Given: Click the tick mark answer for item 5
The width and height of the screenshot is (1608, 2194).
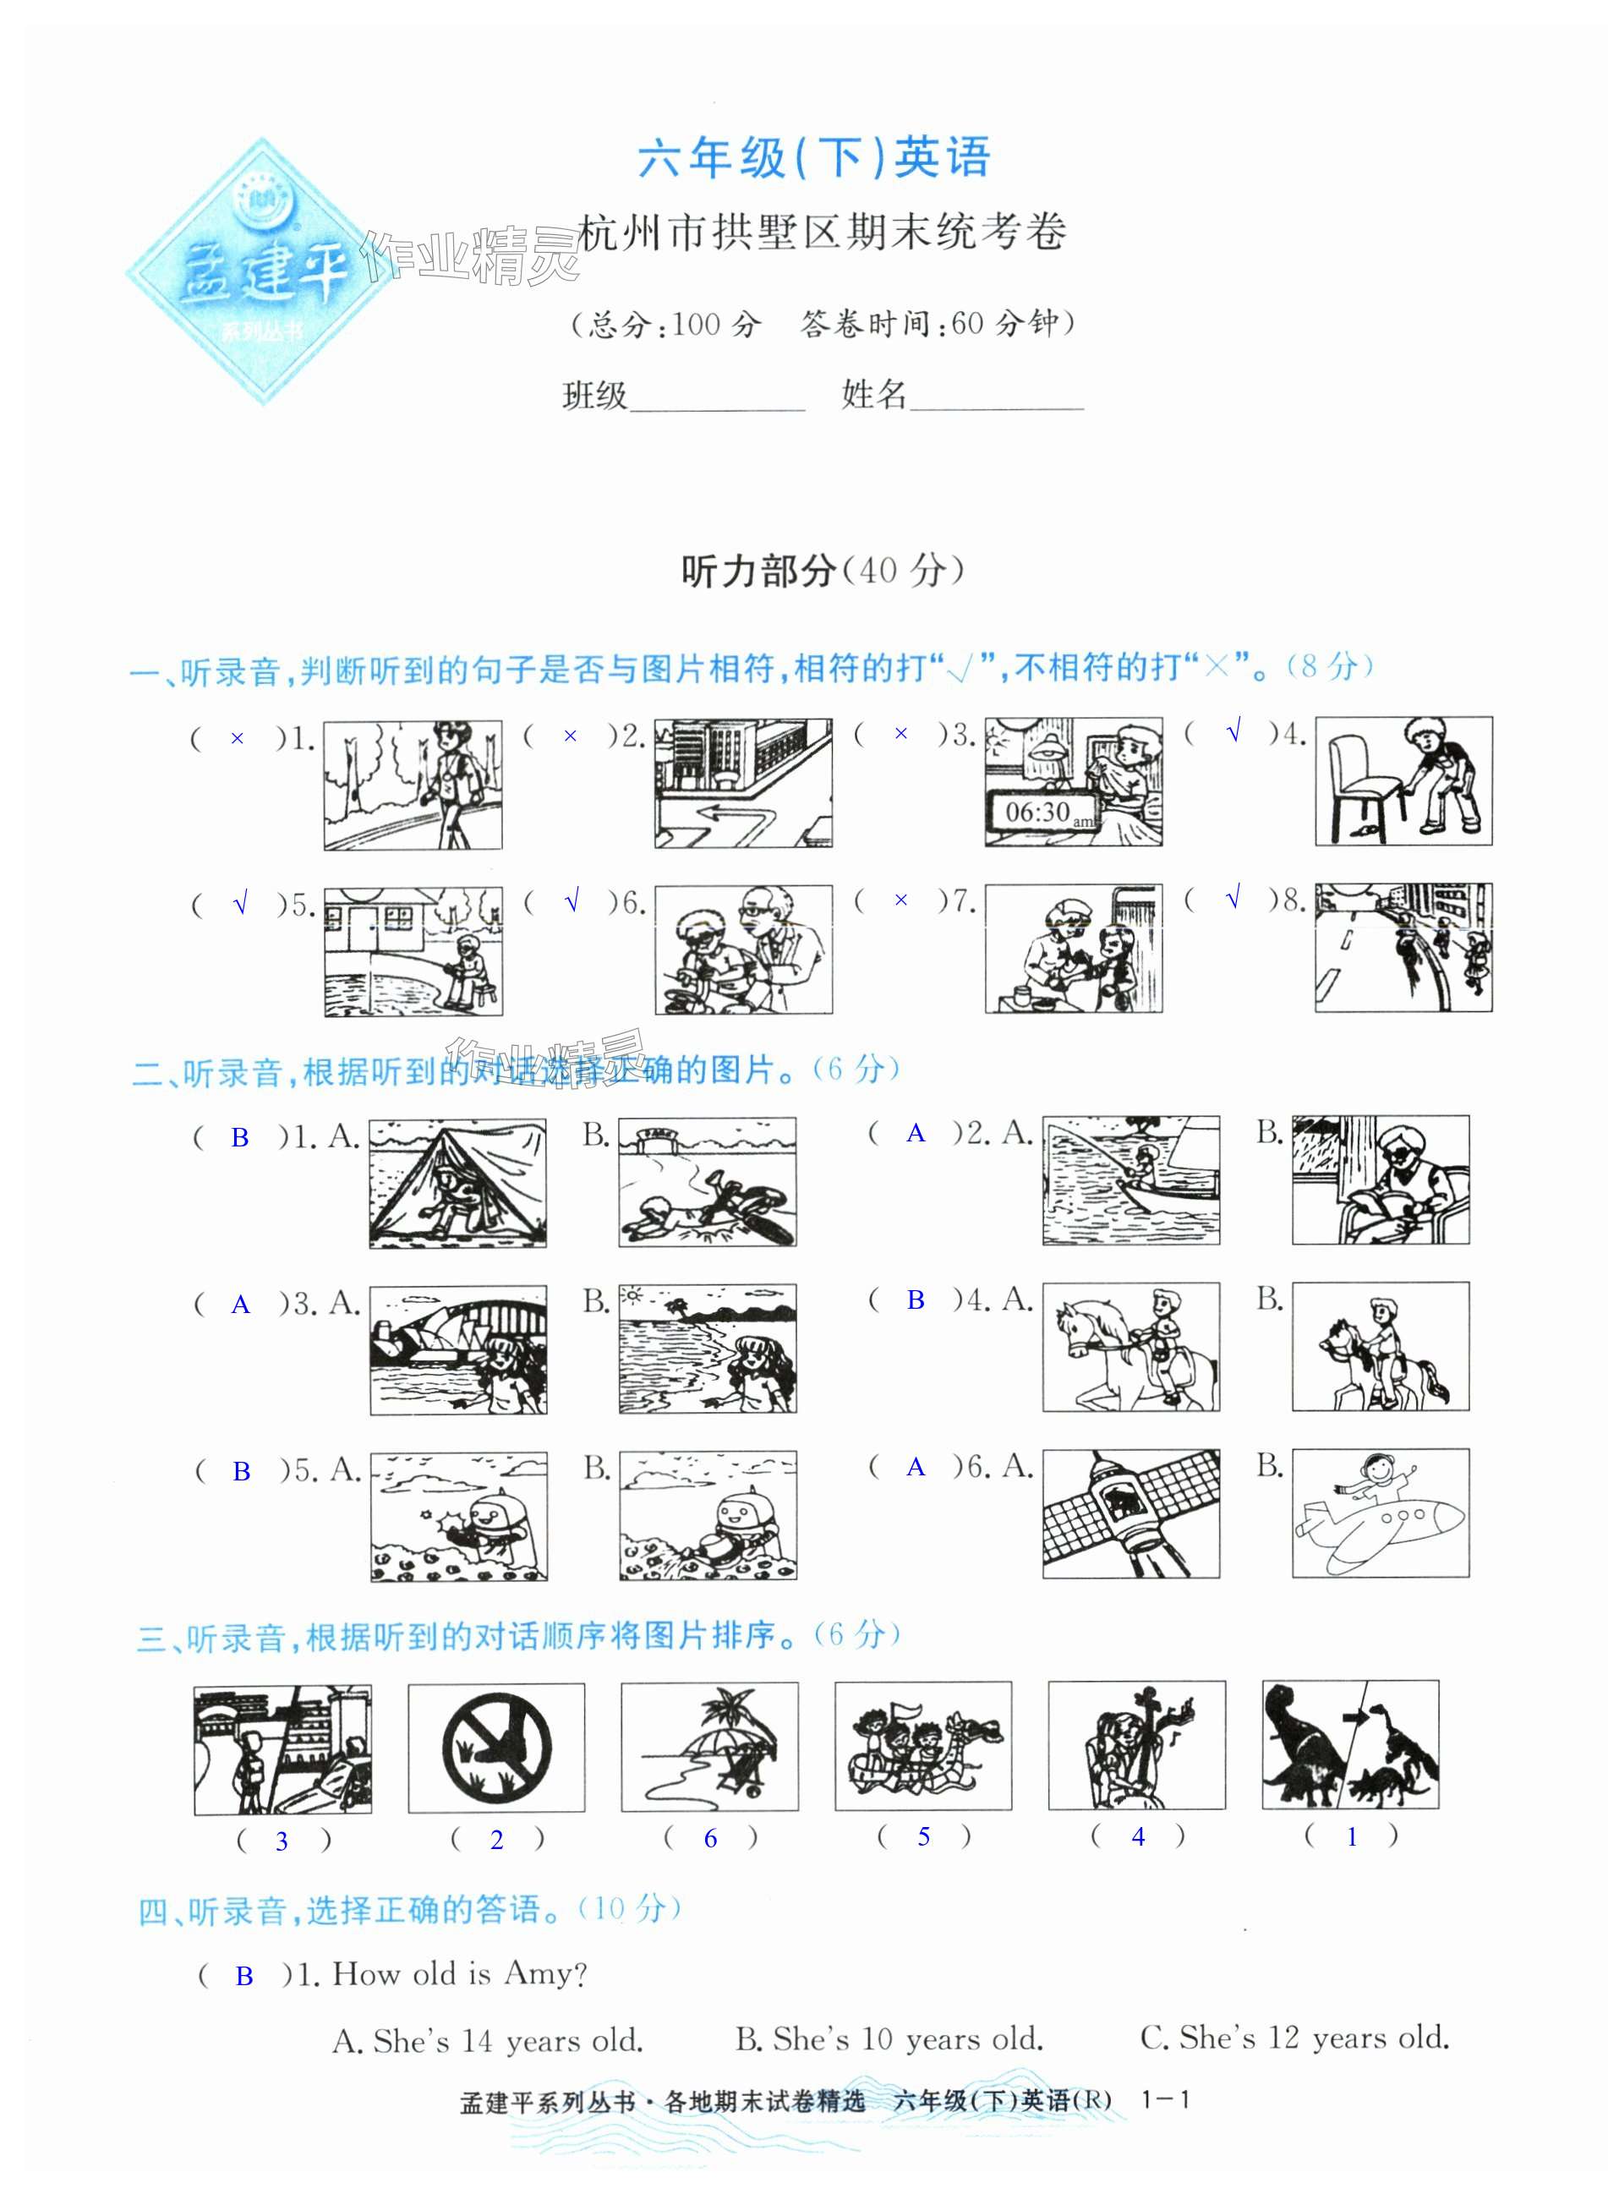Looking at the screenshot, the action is pyautogui.click(x=240, y=906).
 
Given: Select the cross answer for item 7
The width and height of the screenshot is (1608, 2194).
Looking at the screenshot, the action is pyautogui.click(x=901, y=901).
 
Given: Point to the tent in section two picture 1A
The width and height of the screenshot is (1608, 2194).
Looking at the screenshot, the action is pyautogui.click(x=457, y=1183).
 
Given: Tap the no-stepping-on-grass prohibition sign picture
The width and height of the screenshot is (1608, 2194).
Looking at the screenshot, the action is pyautogui.click(x=496, y=1748).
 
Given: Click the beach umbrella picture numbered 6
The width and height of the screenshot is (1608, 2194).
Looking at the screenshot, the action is pyautogui.click(x=709, y=1748).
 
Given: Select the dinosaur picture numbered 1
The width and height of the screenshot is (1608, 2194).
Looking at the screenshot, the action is pyautogui.click(x=1350, y=1745).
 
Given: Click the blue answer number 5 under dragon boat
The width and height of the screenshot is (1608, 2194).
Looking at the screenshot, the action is pyautogui.click(x=924, y=1836).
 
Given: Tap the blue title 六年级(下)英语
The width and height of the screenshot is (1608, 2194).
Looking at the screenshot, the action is pyautogui.click(x=814, y=159).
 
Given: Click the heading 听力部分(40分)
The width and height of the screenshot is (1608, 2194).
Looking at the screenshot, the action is pyautogui.click(x=823, y=572).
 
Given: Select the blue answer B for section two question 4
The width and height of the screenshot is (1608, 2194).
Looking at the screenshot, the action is pyautogui.click(x=916, y=1300).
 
